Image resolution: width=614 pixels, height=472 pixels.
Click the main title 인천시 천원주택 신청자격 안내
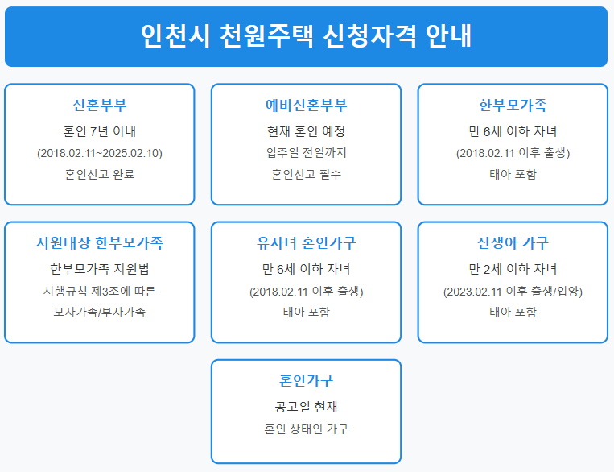306,36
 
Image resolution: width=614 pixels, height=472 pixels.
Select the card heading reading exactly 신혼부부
100,106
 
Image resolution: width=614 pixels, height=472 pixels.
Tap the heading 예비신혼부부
306,106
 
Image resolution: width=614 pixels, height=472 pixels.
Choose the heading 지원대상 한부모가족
100,243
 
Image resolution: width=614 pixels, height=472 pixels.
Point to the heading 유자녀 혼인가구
306,243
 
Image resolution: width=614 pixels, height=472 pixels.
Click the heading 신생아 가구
513,243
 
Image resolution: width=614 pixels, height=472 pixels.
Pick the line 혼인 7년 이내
100,131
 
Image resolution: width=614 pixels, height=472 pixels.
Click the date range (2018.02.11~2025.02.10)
100,153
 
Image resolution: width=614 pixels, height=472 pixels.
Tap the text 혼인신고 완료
100,174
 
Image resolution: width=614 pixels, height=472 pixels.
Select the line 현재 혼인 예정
306,131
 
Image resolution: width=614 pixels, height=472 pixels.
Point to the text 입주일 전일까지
306,153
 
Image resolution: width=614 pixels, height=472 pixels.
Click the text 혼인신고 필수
306,174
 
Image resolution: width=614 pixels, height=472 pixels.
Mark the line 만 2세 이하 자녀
513,269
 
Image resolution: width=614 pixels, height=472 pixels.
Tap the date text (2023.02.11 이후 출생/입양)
513,291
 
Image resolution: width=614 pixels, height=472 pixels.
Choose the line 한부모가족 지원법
100,269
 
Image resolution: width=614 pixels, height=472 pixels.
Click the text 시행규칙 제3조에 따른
100,291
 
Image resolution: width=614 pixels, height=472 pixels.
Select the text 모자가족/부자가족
100,312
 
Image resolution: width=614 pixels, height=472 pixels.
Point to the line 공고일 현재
306,407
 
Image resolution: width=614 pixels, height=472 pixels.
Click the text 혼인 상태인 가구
306,429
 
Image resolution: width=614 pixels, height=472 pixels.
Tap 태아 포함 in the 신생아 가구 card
513,312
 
